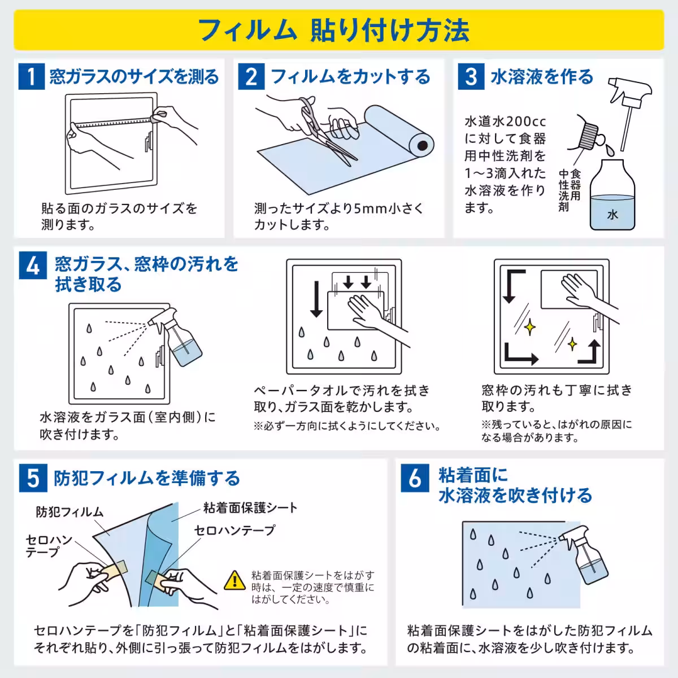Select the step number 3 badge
471,76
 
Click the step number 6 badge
415,479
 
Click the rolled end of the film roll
421,147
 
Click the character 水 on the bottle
612,214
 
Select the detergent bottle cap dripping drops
589,134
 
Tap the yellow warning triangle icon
232,580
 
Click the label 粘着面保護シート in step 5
250,507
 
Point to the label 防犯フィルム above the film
69,512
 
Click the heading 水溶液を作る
542,76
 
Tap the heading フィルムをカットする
350,76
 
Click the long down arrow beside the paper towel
316,299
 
